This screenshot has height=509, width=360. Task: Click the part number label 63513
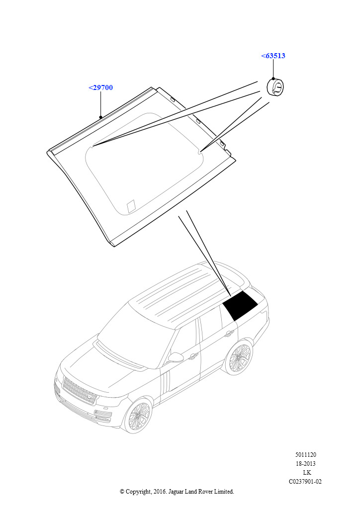(273, 56)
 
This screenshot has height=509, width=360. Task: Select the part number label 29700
(100, 87)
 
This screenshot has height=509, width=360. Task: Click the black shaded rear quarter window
(240, 305)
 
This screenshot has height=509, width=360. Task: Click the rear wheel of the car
(240, 357)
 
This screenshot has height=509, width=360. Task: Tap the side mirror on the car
(176, 357)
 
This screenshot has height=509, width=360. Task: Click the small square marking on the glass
(131, 206)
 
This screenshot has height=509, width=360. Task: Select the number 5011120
(306, 455)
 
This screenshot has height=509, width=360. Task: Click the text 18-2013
(306, 464)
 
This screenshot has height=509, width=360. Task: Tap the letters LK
(307, 473)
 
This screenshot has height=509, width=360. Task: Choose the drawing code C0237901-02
(305, 482)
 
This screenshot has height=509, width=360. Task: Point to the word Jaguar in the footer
(176, 492)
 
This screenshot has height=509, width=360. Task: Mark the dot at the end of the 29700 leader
(100, 117)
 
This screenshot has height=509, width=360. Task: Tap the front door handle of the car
(193, 356)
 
